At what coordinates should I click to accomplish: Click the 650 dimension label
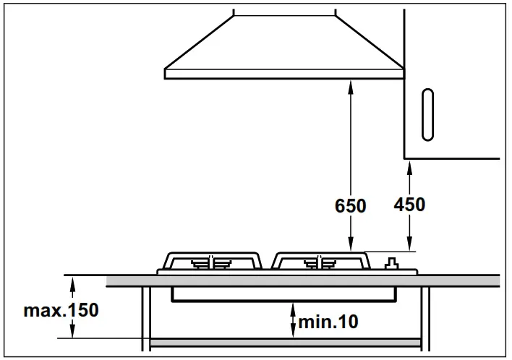350,206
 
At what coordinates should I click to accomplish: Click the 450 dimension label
409,205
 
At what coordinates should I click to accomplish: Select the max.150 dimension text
61,312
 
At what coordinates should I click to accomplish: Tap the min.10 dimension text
328,321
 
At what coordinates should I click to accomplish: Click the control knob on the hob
393,263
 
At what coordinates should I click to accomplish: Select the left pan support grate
212,260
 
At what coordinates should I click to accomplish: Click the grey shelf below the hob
286,340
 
